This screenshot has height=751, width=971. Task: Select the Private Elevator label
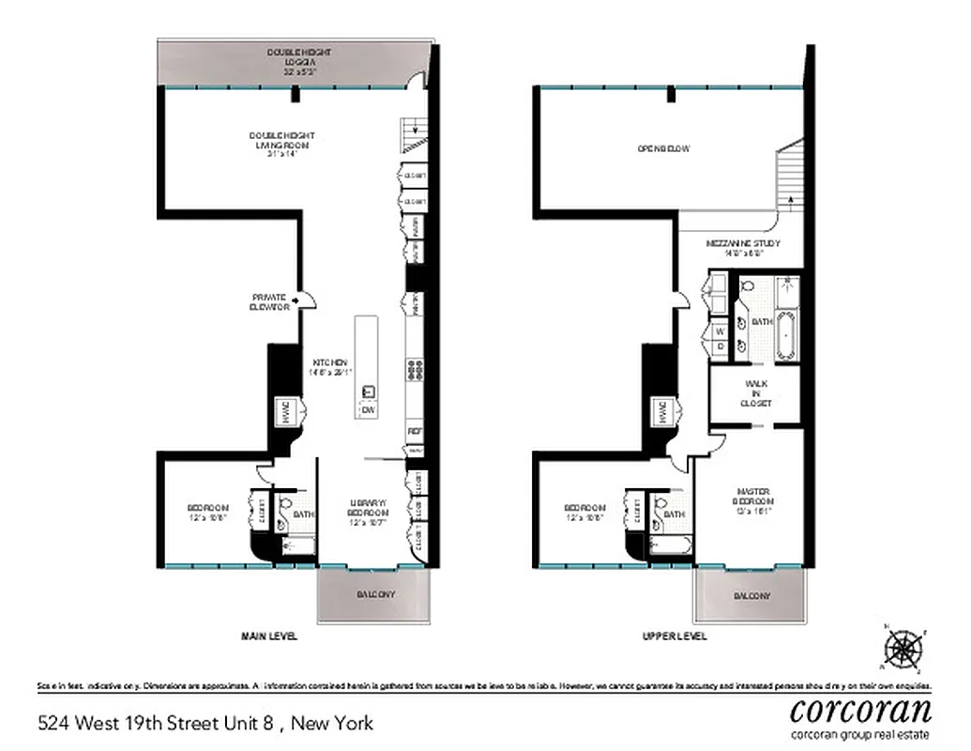click(268, 301)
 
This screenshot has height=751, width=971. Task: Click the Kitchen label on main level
click(330, 367)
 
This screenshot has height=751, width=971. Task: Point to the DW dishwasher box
click(369, 409)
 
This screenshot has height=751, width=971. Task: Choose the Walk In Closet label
click(757, 392)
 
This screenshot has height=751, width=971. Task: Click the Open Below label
click(663, 148)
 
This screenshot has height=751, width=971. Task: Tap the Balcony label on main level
click(375, 595)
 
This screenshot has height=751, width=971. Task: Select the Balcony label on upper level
click(751, 596)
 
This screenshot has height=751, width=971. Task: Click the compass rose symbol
click(904, 648)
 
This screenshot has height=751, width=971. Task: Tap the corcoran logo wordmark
click(860, 709)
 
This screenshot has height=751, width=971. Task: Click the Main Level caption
click(269, 636)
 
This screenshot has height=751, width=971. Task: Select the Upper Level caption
click(675, 636)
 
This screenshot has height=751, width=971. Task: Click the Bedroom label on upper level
click(584, 513)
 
